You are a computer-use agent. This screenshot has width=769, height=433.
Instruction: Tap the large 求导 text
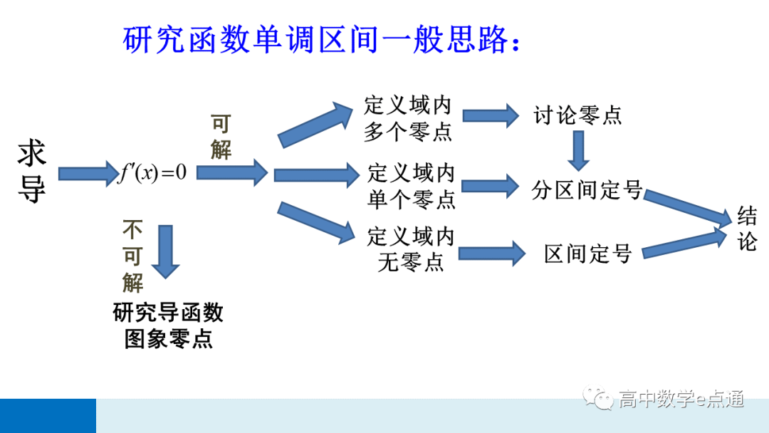(x=32, y=172)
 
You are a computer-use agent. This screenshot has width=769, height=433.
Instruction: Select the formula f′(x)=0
(x=152, y=173)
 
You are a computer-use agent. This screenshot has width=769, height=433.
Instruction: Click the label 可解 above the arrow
(x=221, y=137)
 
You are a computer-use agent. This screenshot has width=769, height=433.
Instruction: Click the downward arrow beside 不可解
(x=166, y=251)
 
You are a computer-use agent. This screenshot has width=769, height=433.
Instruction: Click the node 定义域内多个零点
(x=408, y=119)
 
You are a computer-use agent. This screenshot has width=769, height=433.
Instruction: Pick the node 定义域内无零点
(x=411, y=249)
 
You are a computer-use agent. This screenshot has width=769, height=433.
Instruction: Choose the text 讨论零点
(x=577, y=115)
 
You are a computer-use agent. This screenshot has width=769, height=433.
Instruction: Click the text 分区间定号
(x=587, y=190)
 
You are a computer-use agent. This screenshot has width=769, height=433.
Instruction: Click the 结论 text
(x=747, y=229)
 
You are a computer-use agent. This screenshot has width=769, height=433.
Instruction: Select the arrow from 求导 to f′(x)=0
(x=87, y=173)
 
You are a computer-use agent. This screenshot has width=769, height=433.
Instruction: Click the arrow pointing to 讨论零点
(x=491, y=115)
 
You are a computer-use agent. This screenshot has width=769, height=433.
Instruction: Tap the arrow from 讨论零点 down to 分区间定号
(x=578, y=150)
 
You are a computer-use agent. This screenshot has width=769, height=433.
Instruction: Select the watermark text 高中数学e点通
(x=681, y=399)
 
